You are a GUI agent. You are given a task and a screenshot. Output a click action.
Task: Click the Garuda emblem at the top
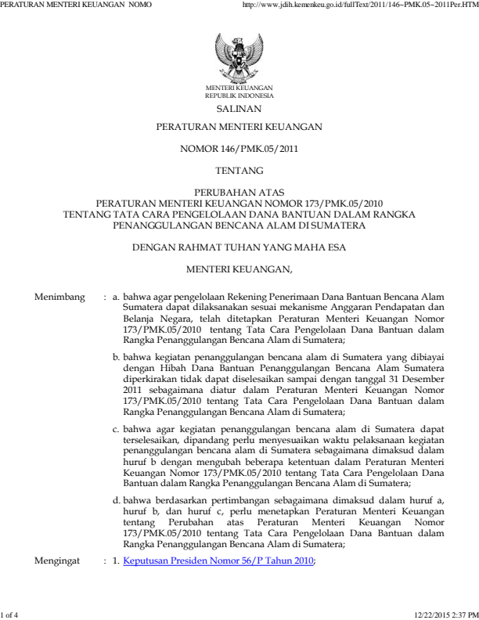pos(239,56)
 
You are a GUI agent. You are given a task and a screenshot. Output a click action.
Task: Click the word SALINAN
pos(239,110)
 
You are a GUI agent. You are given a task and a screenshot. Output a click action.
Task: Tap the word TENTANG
pos(239,168)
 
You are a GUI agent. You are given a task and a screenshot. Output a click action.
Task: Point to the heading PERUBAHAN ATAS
pos(239,191)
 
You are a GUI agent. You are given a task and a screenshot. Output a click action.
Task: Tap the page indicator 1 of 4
pos(10,614)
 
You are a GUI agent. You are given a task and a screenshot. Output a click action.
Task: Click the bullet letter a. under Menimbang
pos(117,298)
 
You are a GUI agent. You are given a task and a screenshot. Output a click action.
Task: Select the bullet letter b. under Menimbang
pos(117,355)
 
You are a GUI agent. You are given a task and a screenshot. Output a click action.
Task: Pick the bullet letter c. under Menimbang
pos(117,429)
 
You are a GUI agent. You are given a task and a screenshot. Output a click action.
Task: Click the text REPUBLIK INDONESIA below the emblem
pos(239,96)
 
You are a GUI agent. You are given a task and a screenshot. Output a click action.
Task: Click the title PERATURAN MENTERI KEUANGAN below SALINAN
pos(239,126)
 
